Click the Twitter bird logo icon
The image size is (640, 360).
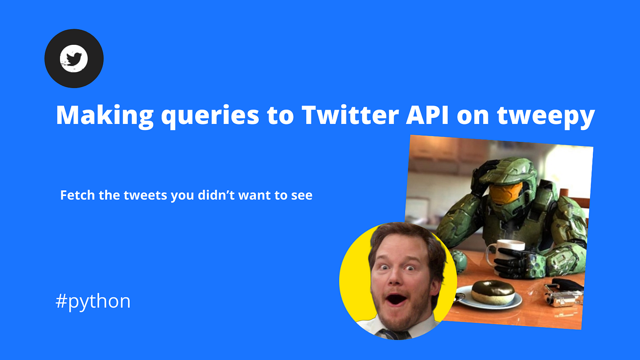point(74,58)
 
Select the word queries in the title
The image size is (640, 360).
point(210,115)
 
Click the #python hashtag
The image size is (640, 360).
point(93,301)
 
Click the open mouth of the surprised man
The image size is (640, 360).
point(397,299)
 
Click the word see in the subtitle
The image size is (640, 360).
point(302,195)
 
